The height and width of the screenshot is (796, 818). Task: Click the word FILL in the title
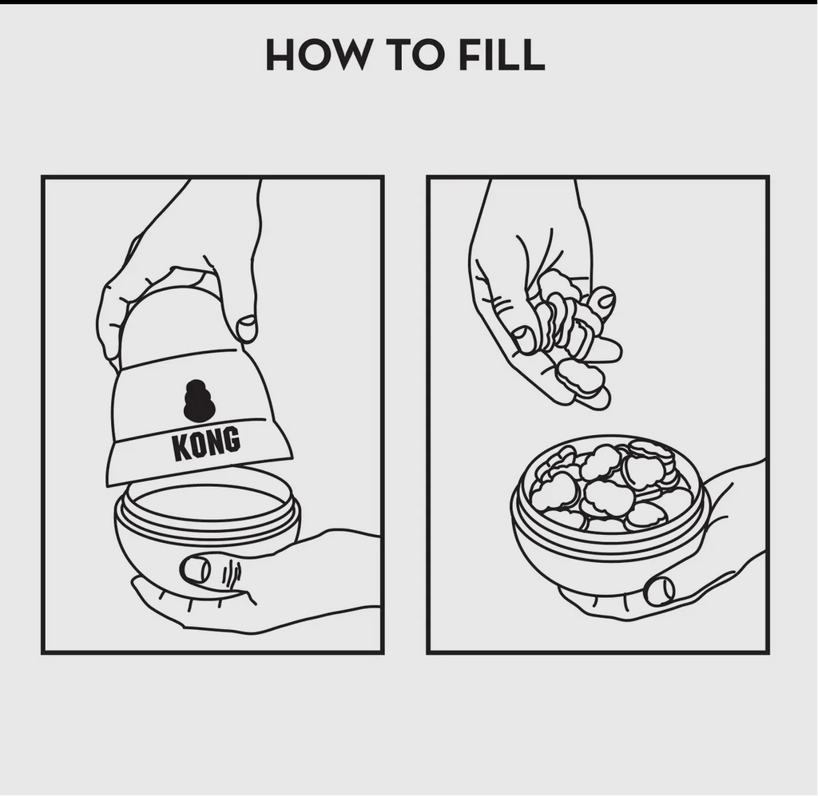[x=502, y=54]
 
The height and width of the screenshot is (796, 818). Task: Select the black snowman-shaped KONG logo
[x=199, y=400]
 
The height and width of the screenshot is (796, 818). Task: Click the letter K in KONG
[x=181, y=447]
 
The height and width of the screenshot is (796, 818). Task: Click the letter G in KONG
[x=232, y=439]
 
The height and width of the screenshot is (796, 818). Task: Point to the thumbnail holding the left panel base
[x=196, y=570]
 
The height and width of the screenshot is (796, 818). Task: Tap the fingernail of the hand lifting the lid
[x=247, y=328]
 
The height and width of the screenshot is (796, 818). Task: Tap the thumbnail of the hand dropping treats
[x=523, y=339]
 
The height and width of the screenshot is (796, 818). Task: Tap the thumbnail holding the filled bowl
[x=659, y=591]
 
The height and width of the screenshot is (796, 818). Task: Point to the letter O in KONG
[x=198, y=445]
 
